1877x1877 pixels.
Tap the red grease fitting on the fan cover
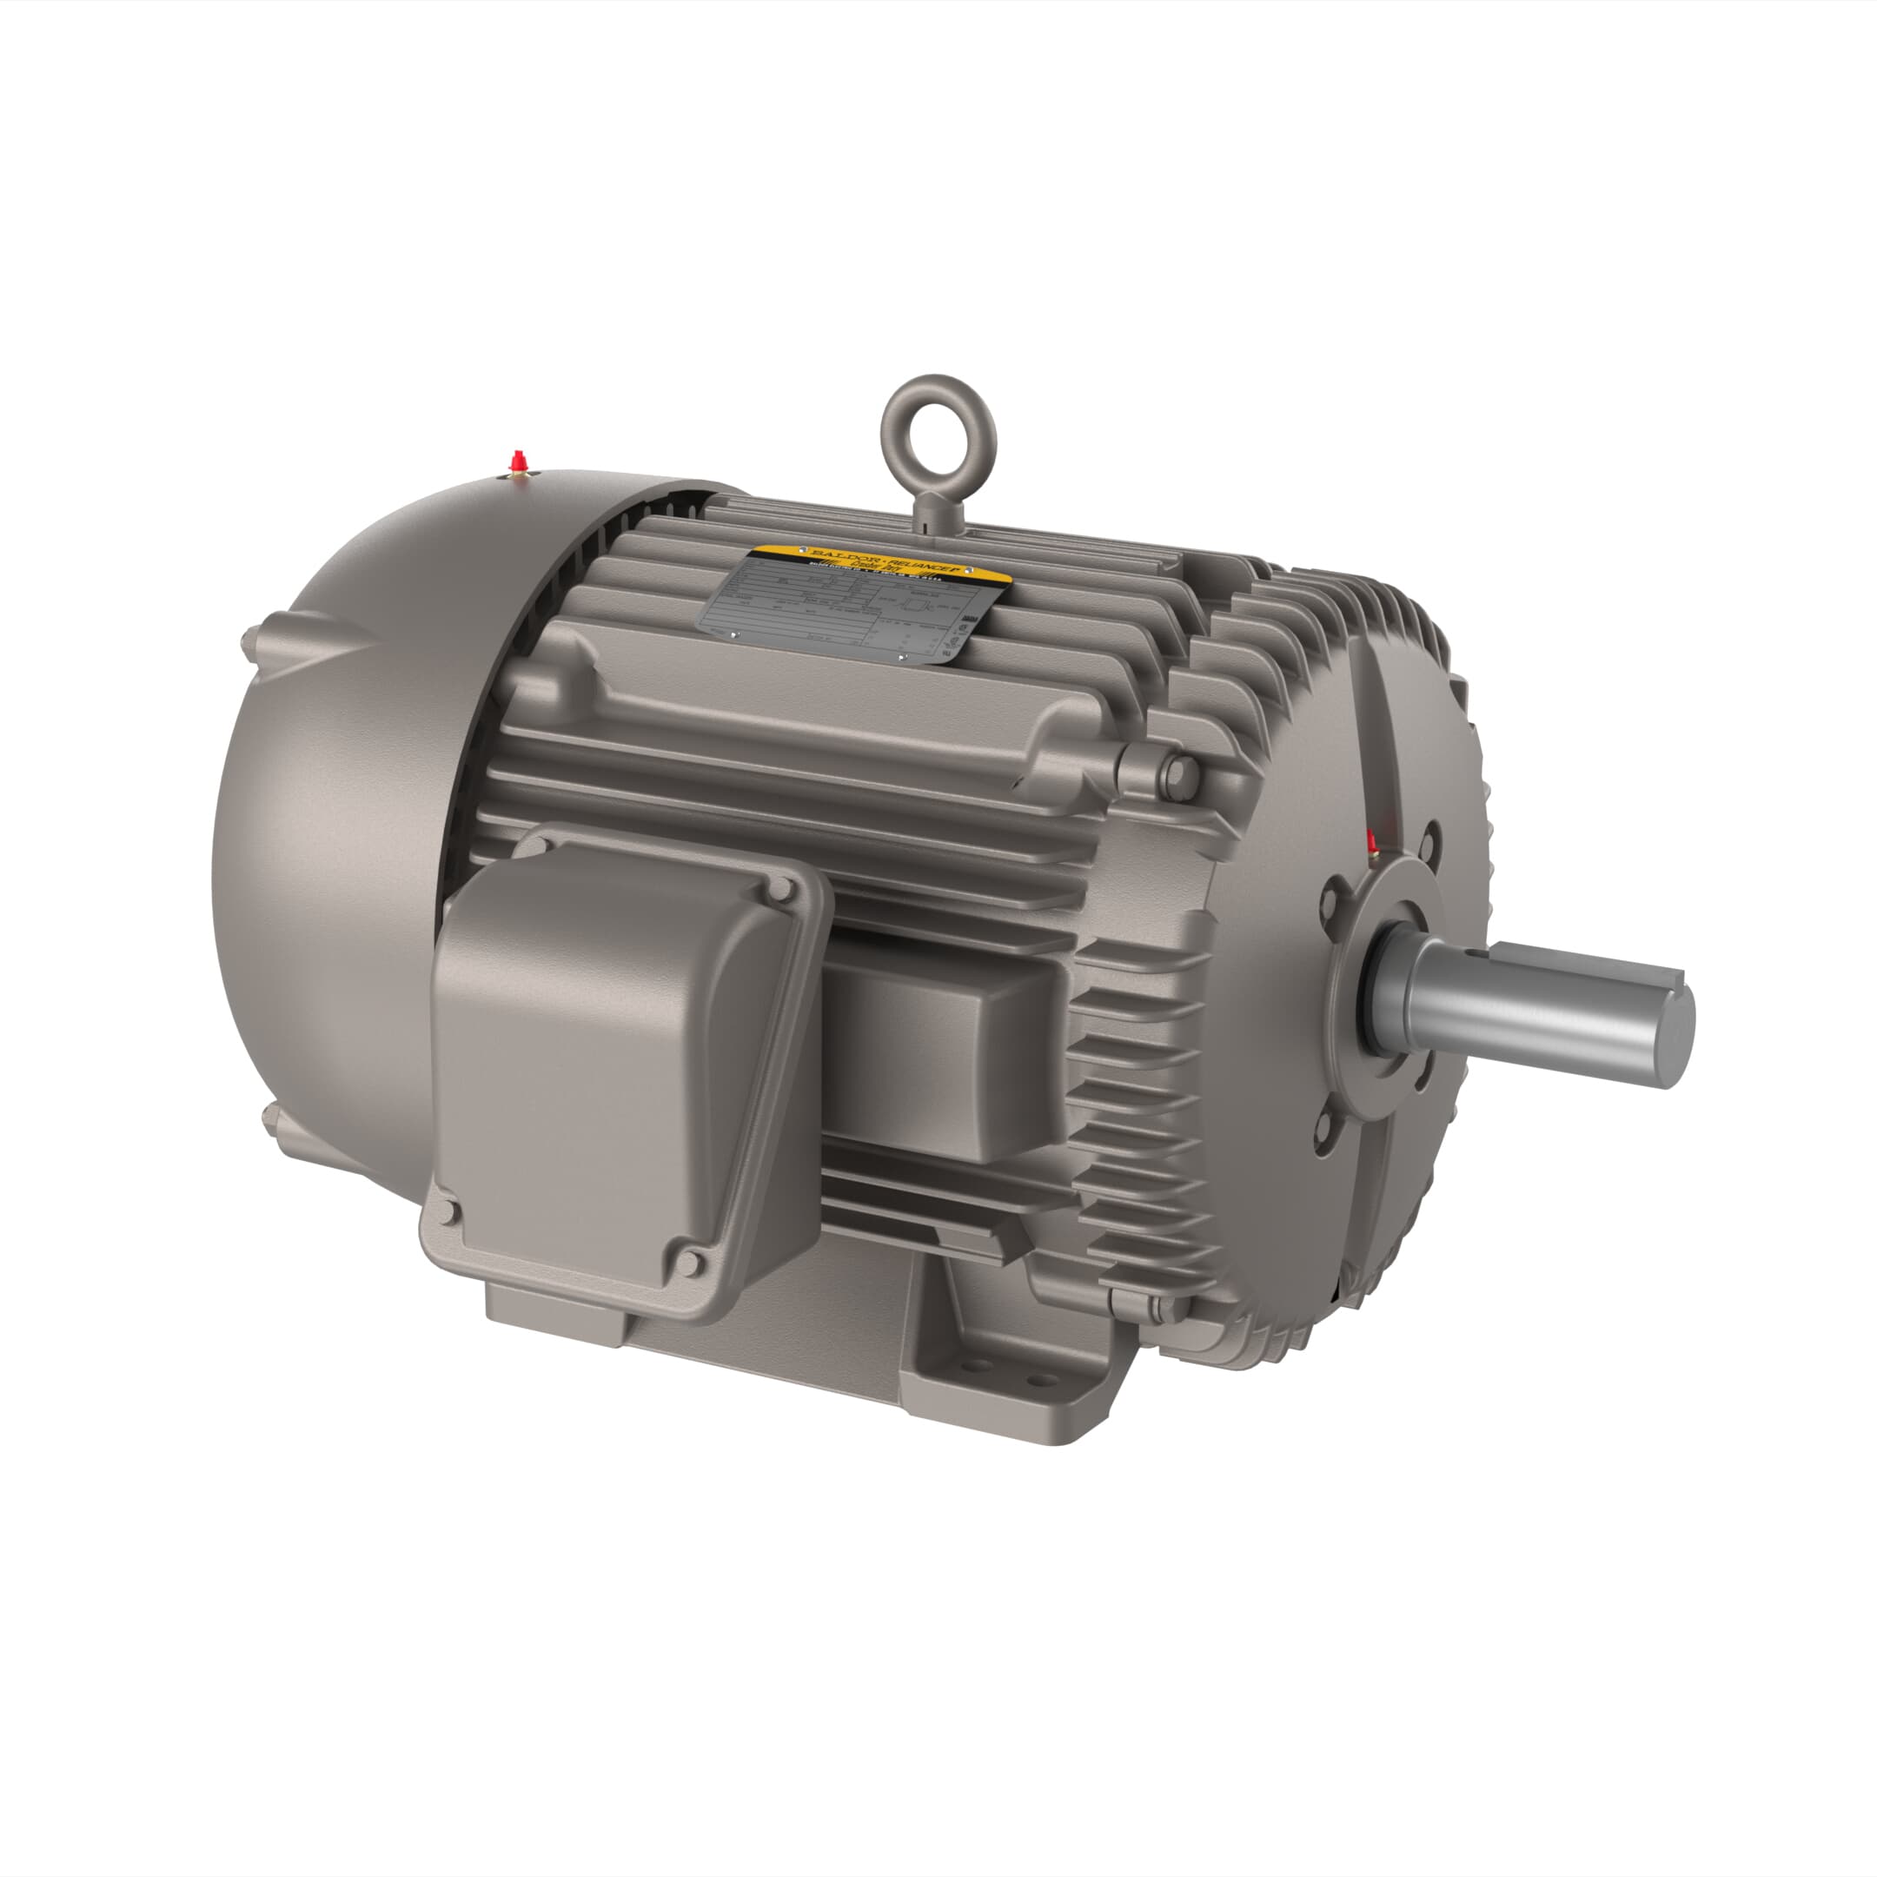point(518,461)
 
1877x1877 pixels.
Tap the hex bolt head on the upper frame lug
point(1180,774)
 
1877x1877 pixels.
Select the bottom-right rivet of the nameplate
point(904,658)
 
